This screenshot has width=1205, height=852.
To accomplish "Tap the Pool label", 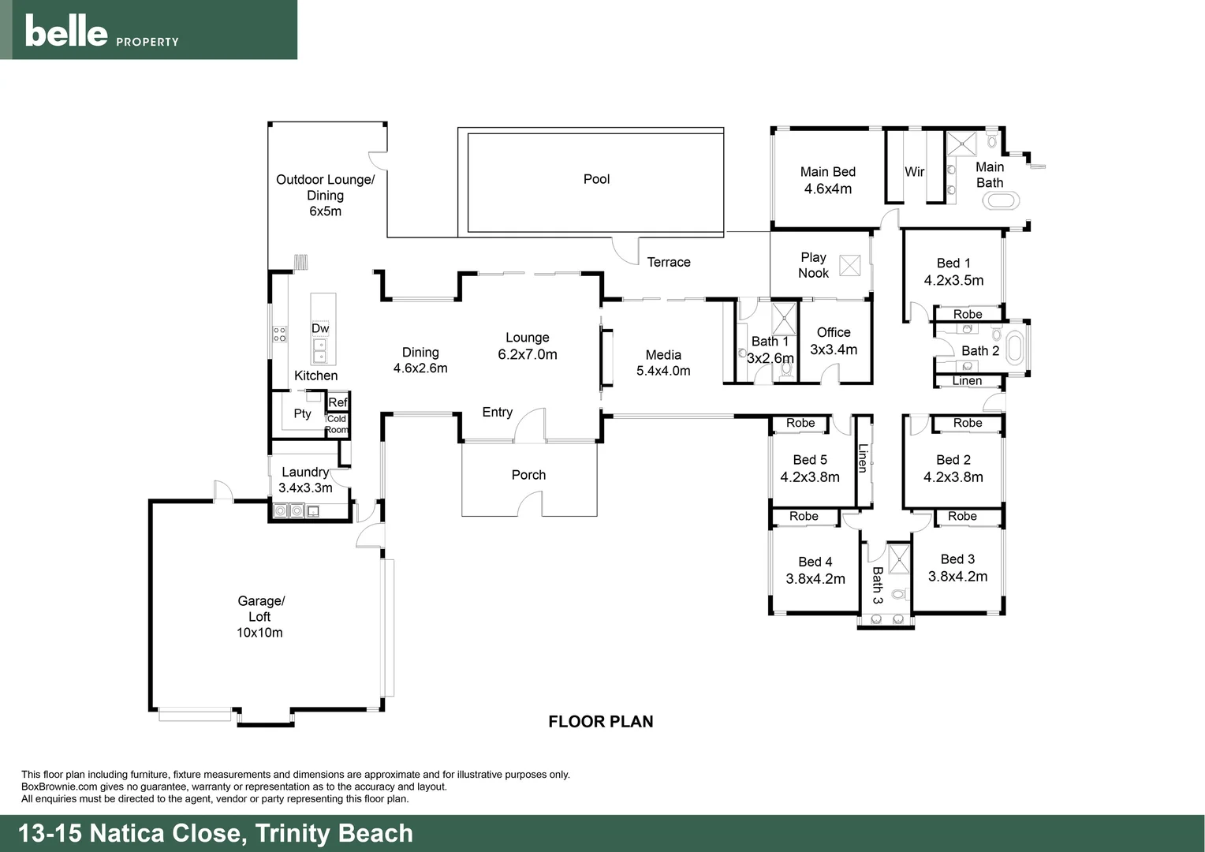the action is click(x=596, y=179).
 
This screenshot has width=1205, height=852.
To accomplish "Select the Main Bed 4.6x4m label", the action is click(x=827, y=180).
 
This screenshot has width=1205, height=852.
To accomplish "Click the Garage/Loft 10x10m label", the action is click(x=260, y=616).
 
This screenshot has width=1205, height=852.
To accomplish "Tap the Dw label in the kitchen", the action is click(x=320, y=328).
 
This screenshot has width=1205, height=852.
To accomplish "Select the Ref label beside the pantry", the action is click(x=338, y=402).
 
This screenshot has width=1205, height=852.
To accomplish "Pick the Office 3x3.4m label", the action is click(x=834, y=341).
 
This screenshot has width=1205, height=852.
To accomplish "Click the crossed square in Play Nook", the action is click(x=849, y=265).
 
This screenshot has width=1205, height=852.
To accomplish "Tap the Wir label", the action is click(x=915, y=171).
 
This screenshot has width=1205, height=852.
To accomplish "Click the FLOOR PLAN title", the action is click(x=601, y=721).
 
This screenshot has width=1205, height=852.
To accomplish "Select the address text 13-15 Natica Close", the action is click(x=129, y=833).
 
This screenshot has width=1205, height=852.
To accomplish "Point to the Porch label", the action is click(x=528, y=475).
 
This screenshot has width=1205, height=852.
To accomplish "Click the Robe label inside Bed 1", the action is click(x=968, y=314).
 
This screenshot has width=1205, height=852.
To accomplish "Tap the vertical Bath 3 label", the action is click(x=877, y=585).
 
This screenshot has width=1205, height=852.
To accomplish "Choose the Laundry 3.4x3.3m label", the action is click(x=305, y=480).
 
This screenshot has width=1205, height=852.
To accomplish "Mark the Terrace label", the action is click(x=669, y=262).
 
